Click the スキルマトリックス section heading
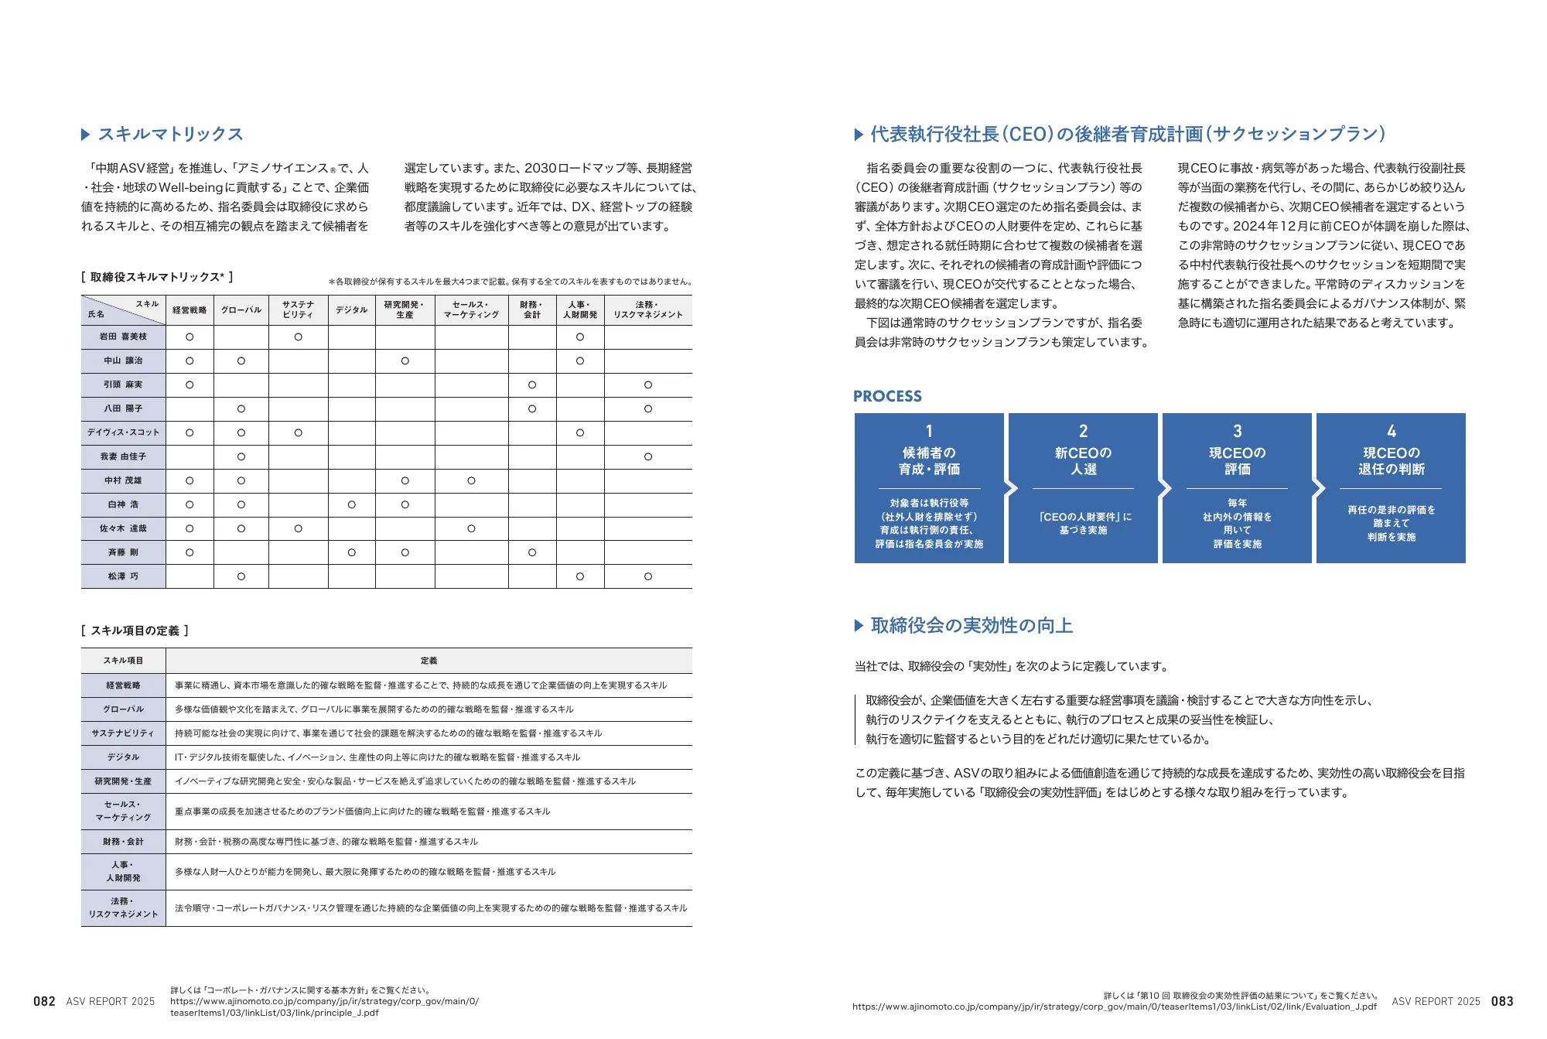pyautogui.click(x=170, y=135)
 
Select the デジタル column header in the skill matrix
pyautogui.click(x=351, y=310)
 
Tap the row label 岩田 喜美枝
pyautogui.click(x=123, y=337)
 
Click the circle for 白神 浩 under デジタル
pyautogui.click(x=351, y=504)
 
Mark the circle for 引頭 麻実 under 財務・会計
pyautogui.click(x=532, y=384)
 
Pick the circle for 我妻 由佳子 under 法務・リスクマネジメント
pyautogui.click(x=648, y=456)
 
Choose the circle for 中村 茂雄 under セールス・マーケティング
pyautogui.click(x=471, y=480)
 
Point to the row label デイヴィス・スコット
pyautogui.click(x=123, y=432)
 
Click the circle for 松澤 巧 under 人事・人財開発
pyautogui.click(x=580, y=576)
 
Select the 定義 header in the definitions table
pyautogui.click(x=429, y=661)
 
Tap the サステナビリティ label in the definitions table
pyautogui.click(x=123, y=733)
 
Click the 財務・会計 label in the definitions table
pyautogui.click(x=123, y=842)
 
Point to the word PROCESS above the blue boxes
pyautogui.click(x=887, y=396)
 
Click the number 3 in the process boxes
pyautogui.click(x=1237, y=431)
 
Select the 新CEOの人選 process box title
pyautogui.click(x=1083, y=461)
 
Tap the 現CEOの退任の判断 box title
pyautogui.click(x=1391, y=461)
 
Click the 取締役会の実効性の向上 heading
pyautogui.click(x=972, y=626)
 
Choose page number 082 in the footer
pyautogui.click(x=44, y=1001)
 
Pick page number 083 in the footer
pyautogui.click(x=1502, y=1001)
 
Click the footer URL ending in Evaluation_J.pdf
pyautogui.click(x=1115, y=1007)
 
